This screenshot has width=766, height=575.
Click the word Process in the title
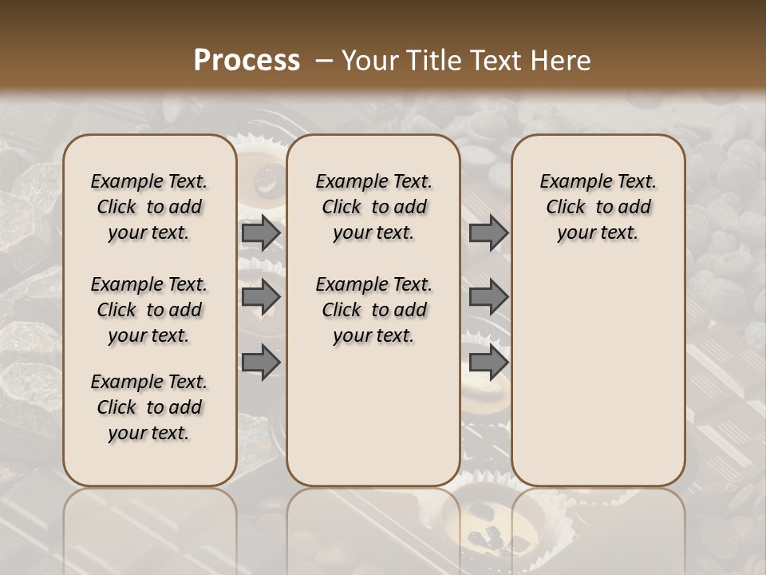(x=247, y=61)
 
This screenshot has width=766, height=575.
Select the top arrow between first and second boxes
(x=261, y=233)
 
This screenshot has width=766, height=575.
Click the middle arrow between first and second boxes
(x=261, y=298)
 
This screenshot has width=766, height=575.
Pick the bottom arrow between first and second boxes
(x=261, y=362)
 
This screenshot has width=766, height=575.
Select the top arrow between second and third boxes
(x=488, y=233)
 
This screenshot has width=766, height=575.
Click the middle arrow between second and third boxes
(x=488, y=298)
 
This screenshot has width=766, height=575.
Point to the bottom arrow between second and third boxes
(x=488, y=362)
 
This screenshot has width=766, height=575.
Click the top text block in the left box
(x=148, y=208)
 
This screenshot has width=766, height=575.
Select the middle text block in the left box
(x=148, y=310)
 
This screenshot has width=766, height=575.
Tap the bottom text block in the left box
(x=148, y=407)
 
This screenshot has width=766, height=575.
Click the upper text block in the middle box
(x=373, y=208)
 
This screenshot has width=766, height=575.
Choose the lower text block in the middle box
(x=373, y=310)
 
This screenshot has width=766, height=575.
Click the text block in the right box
(x=598, y=208)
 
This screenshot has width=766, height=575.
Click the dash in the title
(x=324, y=61)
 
